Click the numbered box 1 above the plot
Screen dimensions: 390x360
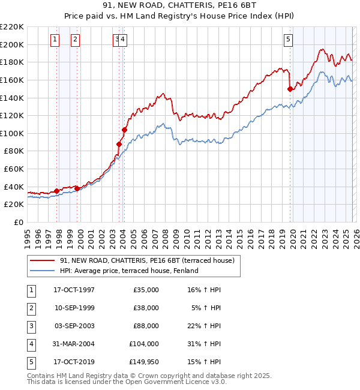[x=55, y=40]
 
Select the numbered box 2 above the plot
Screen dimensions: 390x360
[x=75, y=40]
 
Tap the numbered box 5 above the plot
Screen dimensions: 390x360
[x=289, y=40]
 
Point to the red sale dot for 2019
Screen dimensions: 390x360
[x=290, y=89]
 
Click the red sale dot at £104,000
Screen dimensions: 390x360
[x=125, y=130]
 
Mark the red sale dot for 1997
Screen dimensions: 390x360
[x=57, y=191]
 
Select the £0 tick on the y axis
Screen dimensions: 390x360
[x=18, y=222]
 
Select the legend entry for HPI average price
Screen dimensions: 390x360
[x=129, y=271]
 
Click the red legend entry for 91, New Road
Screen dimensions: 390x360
[x=150, y=260]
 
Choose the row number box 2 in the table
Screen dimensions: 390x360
[x=29, y=308]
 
